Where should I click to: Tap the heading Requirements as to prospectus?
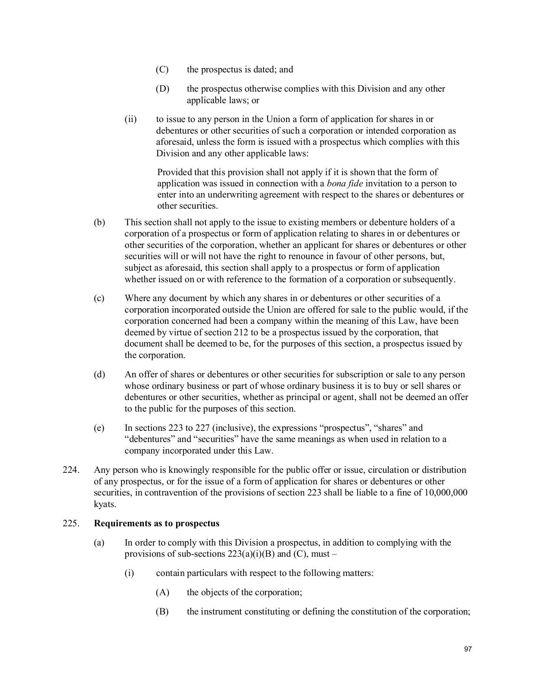click(x=157, y=524)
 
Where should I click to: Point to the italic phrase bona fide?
click(x=345, y=183)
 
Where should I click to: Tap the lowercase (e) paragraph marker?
click(x=99, y=428)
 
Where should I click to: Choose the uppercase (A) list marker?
click(x=162, y=592)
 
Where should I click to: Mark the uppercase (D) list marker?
click(x=162, y=89)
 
